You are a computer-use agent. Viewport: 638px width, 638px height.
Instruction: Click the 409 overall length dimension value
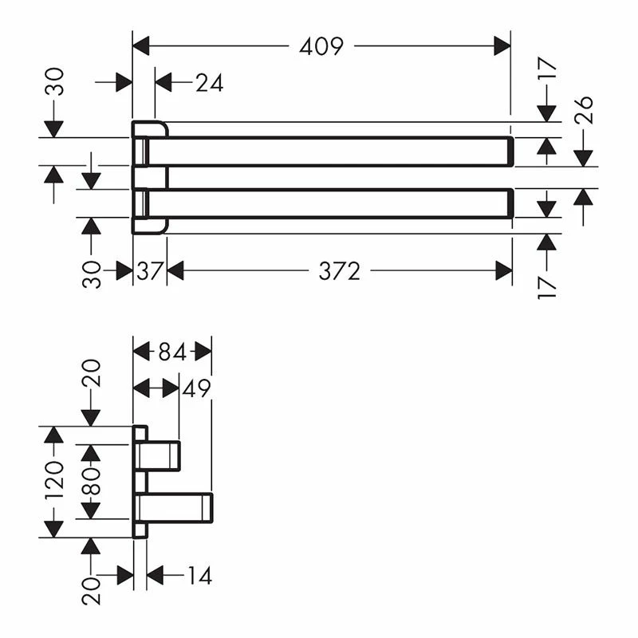tap(321, 46)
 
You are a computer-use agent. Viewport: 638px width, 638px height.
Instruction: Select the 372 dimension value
tap(340, 271)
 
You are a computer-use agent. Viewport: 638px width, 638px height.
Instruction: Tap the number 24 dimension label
tap(209, 82)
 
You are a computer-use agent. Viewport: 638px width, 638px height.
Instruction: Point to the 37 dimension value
tap(149, 271)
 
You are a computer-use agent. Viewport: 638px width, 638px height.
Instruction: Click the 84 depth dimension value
tap(171, 351)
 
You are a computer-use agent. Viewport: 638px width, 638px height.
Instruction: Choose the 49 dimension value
tap(197, 388)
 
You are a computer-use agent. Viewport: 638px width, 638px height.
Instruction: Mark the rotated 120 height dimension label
tap(54, 481)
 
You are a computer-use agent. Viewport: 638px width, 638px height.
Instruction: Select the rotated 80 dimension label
tap(92, 481)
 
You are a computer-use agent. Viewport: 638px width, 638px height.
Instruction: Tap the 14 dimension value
tap(200, 575)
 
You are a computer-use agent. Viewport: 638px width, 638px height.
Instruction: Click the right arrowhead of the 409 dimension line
tap(502, 46)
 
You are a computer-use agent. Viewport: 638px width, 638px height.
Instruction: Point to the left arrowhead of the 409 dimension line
tap(141, 46)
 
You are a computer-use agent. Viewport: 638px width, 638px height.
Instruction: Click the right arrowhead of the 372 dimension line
tap(503, 271)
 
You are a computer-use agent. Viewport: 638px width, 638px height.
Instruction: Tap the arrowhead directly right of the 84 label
tap(203, 351)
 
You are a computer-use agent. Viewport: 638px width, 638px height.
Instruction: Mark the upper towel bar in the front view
tap(327, 152)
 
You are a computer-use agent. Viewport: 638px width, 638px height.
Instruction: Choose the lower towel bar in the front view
tap(327, 203)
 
